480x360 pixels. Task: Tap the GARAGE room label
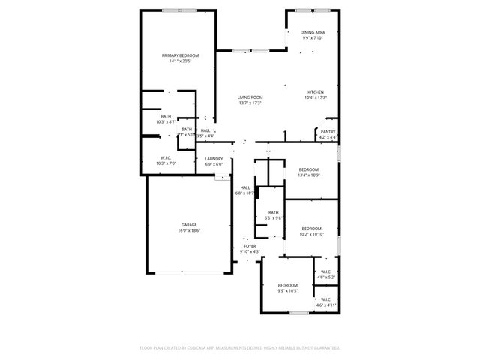point(188,224)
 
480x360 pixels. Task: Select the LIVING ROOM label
point(250,97)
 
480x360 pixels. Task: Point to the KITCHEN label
point(315,92)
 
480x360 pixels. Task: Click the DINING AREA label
point(313,32)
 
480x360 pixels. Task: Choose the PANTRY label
point(328,131)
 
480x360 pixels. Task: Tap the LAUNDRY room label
point(214,159)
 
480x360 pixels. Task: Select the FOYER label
point(249,245)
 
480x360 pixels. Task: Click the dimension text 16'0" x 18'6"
point(188,230)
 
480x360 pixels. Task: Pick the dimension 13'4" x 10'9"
point(309,175)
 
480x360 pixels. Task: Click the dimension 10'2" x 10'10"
point(311,234)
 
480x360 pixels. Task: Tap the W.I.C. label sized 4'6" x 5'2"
point(326,271)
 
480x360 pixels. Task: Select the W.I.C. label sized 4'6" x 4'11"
point(326,301)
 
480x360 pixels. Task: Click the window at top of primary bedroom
point(180,10)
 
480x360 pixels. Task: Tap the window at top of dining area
point(313,10)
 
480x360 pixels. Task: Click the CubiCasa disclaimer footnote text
point(240,347)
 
